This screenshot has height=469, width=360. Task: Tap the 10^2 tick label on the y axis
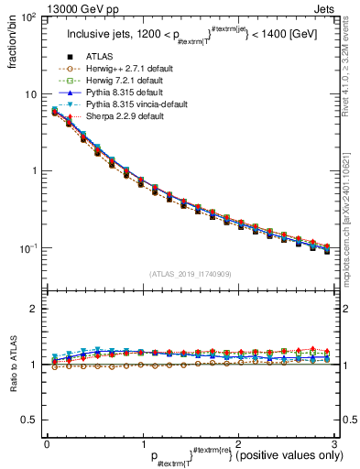tap(27, 18)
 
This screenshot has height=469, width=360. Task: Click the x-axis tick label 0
tap(47, 443)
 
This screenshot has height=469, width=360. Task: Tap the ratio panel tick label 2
tap(35, 309)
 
